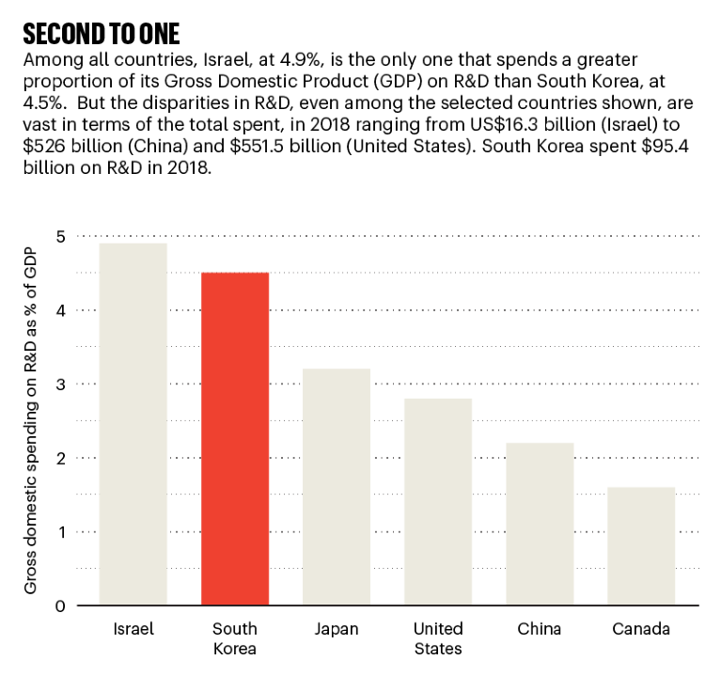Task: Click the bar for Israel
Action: pos(133,424)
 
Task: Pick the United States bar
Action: pos(437,502)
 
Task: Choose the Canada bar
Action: pos(641,546)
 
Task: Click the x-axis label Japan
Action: pos(336,629)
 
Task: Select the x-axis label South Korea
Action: pos(234,637)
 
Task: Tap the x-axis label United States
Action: pos(437,637)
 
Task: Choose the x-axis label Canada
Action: pos(641,629)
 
